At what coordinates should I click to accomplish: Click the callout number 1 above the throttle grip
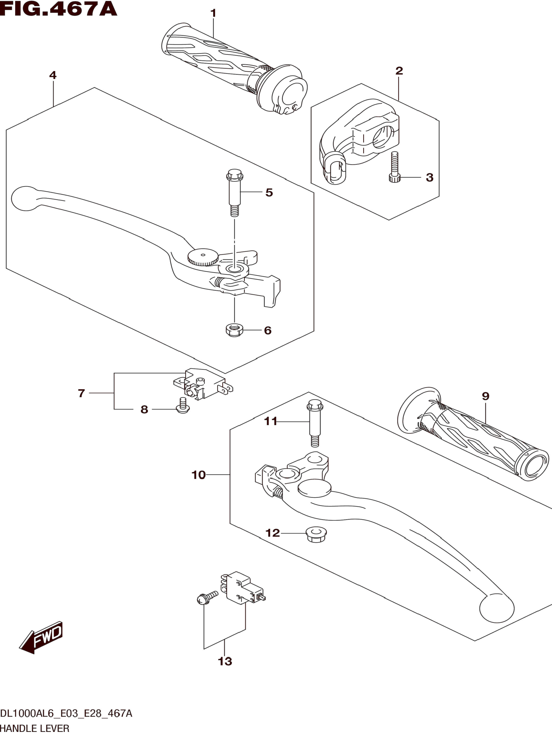[213, 13]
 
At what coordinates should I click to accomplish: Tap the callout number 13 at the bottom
[225, 661]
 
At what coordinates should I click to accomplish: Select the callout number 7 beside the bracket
[82, 393]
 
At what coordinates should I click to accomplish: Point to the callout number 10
[199, 475]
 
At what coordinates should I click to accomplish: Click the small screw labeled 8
[182, 406]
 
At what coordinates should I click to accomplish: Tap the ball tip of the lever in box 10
[497, 609]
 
